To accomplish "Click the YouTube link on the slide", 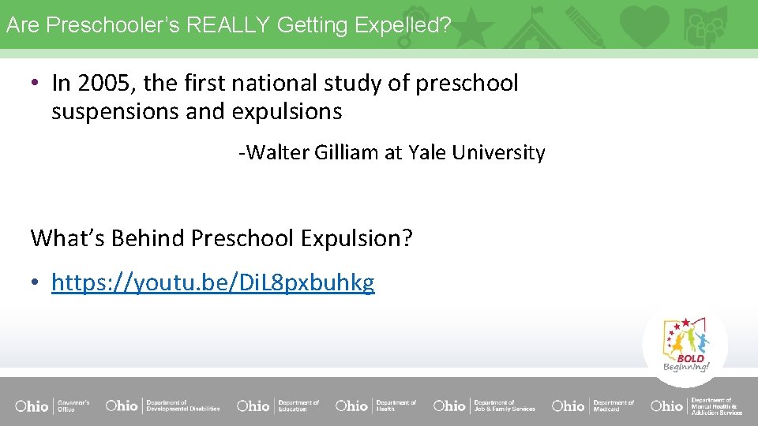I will [212, 282].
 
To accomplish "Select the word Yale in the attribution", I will [427, 152].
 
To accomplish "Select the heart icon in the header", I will [644, 24].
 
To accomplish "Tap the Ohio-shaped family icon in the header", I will [704, 24].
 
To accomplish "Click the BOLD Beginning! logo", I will [685, 346].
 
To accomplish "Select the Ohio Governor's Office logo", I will [52, 405].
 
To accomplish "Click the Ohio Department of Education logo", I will [278, 405].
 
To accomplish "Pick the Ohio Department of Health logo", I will [376, 405].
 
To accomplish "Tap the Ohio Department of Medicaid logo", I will [593, 405].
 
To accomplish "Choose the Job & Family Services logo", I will [484, 405].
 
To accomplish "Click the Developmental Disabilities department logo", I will [163, 405].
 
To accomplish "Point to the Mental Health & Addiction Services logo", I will [696, 405].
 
